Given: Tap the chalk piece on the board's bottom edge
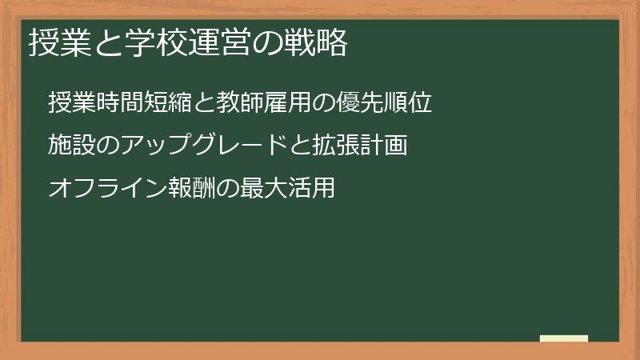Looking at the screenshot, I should pyautogui.click(x=564, y=338).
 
